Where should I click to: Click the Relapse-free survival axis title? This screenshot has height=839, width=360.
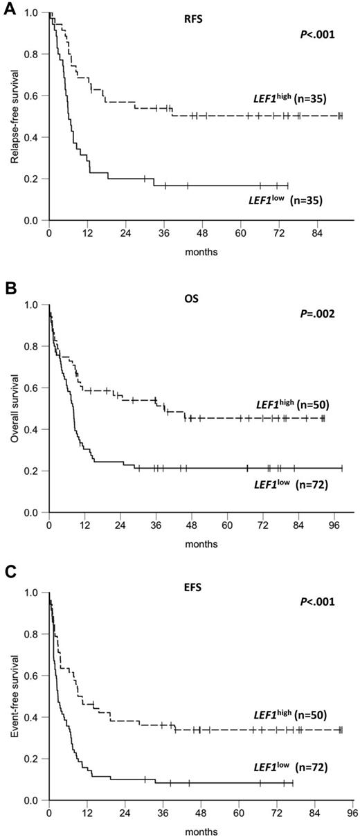pos(15,116)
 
